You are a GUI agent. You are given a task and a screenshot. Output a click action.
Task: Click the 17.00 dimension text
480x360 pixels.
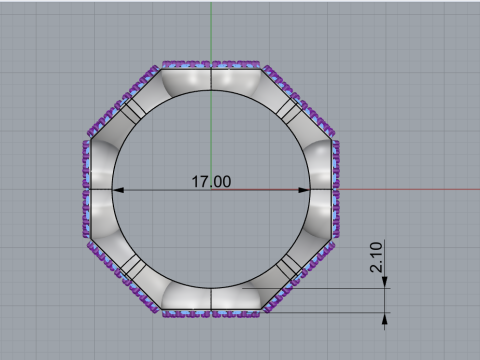point(211,182)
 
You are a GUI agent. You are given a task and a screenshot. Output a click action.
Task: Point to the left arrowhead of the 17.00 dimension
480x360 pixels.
point(117,189)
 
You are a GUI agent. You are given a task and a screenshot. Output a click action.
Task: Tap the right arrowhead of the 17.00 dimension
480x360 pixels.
point(305,189)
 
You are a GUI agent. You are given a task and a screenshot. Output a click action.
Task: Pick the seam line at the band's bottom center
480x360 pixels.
point(211,299)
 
